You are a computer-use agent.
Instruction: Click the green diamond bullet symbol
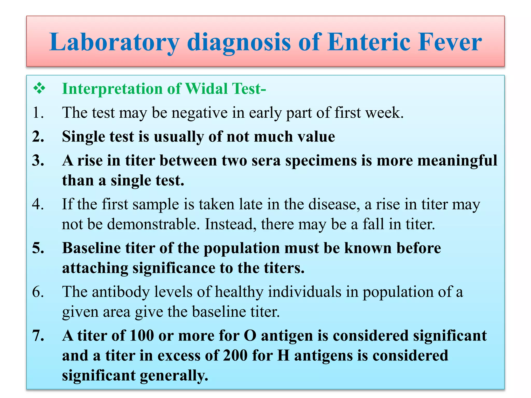point(39,89)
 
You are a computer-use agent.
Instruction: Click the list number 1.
point(38,113)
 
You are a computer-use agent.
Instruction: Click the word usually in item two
point(179,137)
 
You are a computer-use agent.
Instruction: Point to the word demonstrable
point(153,224)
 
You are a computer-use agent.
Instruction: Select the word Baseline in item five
point(92,248)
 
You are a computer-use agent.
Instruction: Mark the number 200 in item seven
point(235,356)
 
